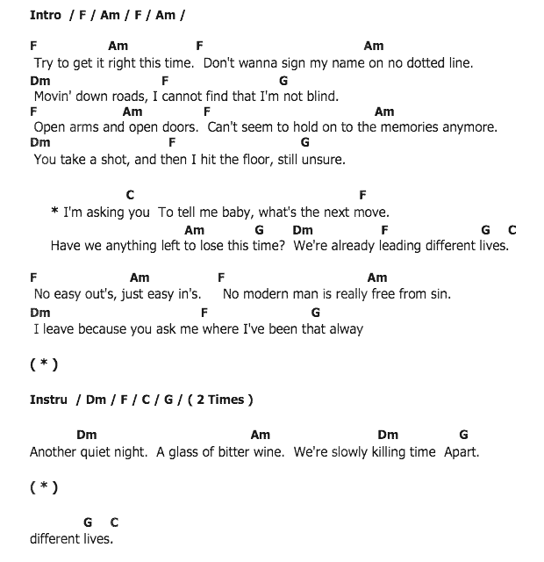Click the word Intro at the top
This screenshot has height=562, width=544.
tap(46, 15)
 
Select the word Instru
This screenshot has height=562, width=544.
tap(48, 400)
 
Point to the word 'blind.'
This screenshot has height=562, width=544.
tap(321, 96)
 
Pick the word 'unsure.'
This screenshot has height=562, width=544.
tap(323, 160)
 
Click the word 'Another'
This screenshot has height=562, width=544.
tap(55, 452)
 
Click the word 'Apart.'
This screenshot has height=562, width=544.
tap(462, 452)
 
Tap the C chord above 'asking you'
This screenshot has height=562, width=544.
tap(130, 195)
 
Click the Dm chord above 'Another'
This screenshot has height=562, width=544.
tap(86, 435)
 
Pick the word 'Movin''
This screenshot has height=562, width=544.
tap(55, 96)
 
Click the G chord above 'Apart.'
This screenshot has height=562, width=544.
tap(463, 435)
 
